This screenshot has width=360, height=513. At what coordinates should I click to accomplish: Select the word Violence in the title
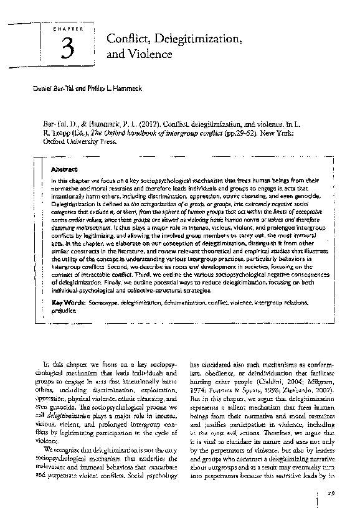coord(149,55)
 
